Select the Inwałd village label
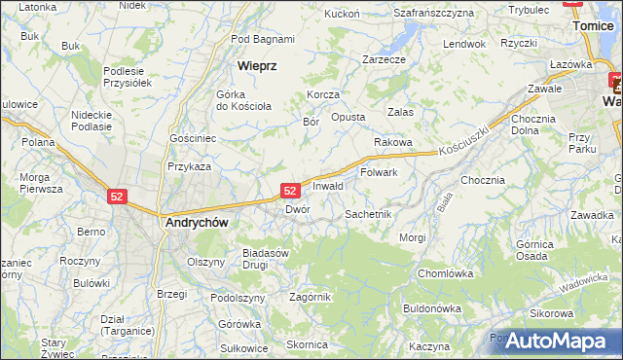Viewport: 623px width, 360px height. click(x=328, y=186)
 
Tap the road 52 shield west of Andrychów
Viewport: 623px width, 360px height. click(x=117, y=197)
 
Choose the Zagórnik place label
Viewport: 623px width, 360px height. click(x=311, y=297)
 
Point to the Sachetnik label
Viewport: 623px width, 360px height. click(x=368, y=214)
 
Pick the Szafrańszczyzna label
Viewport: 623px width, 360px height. click(x=433, y=13)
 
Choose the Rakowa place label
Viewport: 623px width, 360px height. click(x=392, y=142)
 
